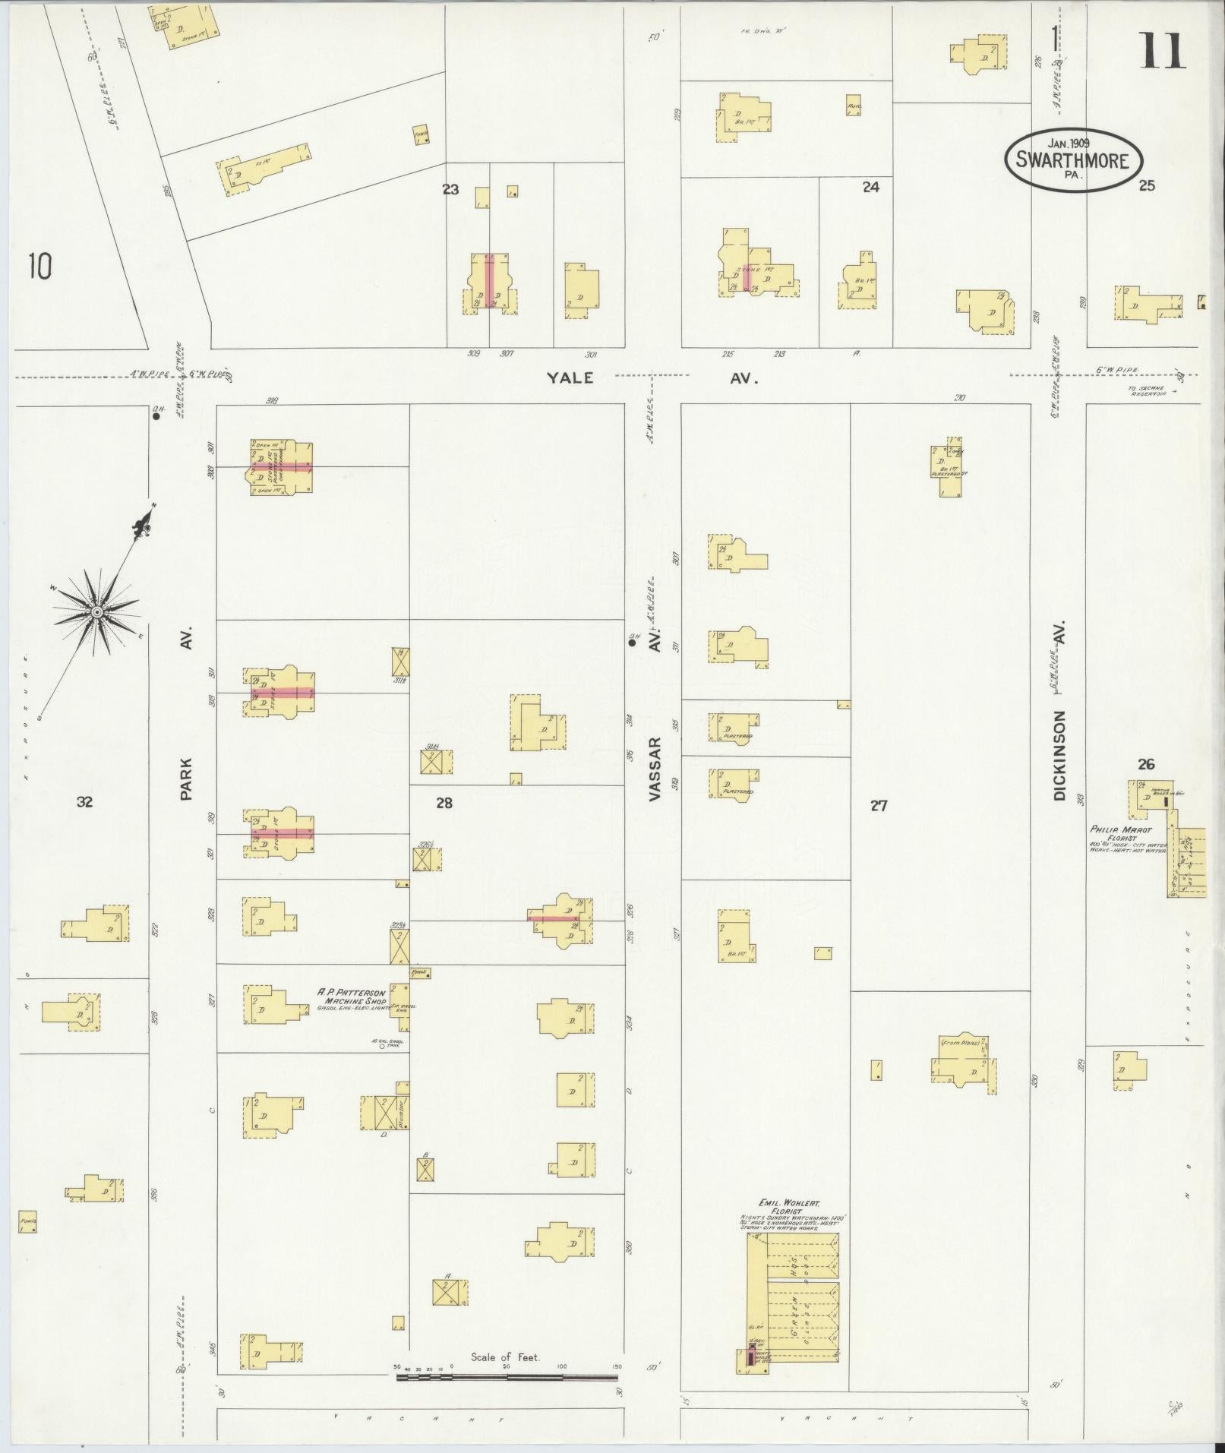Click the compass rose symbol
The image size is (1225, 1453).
[96, 611]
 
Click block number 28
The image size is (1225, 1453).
[444, 803]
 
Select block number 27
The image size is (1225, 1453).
[879, 806]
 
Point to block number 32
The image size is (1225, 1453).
[84, 801]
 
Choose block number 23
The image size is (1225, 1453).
[451, 188]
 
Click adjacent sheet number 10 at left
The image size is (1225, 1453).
[40, 267]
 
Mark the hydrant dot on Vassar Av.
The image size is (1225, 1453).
[632, 643]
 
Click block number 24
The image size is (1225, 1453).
[870, 187]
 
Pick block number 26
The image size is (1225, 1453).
[1145, 764]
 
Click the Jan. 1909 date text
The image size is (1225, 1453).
[1069, 143]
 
